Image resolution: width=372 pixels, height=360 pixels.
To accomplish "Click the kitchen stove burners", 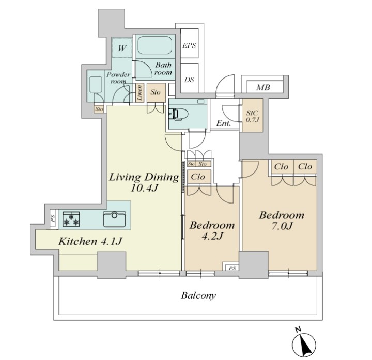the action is coord(71,218).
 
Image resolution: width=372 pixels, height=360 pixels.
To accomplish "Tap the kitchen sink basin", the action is coord(114,218).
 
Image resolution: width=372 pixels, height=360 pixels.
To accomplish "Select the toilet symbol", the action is coord(178,114).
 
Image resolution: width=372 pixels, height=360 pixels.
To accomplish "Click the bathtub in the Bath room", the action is coord(154,45).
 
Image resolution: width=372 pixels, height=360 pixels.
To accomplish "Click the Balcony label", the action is coord(198,295).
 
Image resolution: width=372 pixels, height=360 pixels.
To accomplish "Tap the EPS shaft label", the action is coord(189,45).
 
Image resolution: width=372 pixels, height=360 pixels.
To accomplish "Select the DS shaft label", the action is coord(189,80).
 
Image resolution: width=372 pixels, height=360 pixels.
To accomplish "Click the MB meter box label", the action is coord(263,87).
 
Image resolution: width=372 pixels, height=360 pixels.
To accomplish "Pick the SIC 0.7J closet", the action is coord(253,115).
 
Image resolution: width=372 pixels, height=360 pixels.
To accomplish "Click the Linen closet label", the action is coord(139,93).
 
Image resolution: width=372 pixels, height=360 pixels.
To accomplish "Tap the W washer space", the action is coord(122,48).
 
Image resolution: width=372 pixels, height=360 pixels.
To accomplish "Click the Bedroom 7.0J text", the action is coord(282,221).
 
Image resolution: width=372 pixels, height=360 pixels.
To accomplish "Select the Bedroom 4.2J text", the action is coord(212,230).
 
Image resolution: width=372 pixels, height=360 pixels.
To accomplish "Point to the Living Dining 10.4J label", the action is coord(144,182).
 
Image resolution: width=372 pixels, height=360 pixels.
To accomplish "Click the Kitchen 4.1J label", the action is coord(90,241).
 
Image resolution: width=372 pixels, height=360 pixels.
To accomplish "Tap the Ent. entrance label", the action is coord(224,123).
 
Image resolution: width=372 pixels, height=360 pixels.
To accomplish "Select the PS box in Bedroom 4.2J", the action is coord(232,268).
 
